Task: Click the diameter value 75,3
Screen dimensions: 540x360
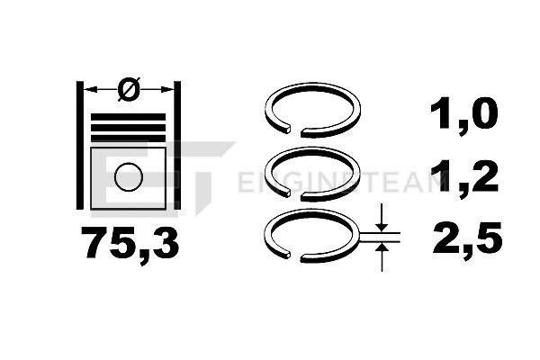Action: click(x=130, y=243)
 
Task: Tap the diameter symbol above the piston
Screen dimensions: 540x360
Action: click(x=129, y=89)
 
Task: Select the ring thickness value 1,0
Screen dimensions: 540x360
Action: click(x=464, y=114)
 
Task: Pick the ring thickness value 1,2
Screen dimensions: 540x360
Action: click(x=464, y=178)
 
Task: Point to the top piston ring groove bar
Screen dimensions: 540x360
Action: click(x=128, y=117)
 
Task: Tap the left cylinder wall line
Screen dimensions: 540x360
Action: click(x=80, y=146)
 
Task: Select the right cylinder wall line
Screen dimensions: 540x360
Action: click(x=177, y=146)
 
